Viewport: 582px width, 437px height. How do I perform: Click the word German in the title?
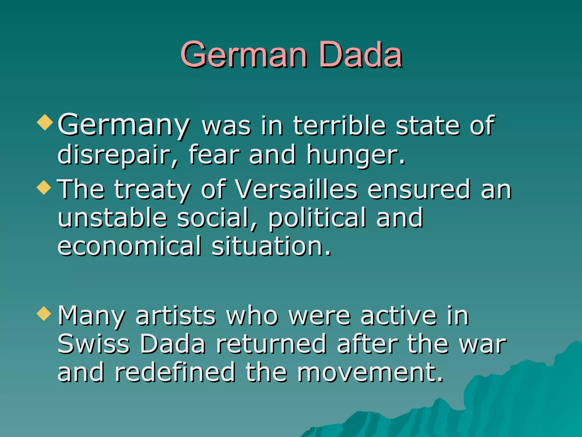[x=244, y=55]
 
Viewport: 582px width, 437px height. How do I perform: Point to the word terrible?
[x=339, y=126]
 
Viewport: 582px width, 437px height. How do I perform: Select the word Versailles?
[x=296, y=190]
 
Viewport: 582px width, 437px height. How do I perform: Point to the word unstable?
[x=113, y=218]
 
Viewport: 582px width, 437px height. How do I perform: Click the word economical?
[x=130, y=246]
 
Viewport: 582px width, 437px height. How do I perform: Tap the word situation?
[x=272, y=246]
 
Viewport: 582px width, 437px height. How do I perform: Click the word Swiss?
[x=94, y=344]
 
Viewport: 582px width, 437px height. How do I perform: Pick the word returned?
[x=271, y=344]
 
